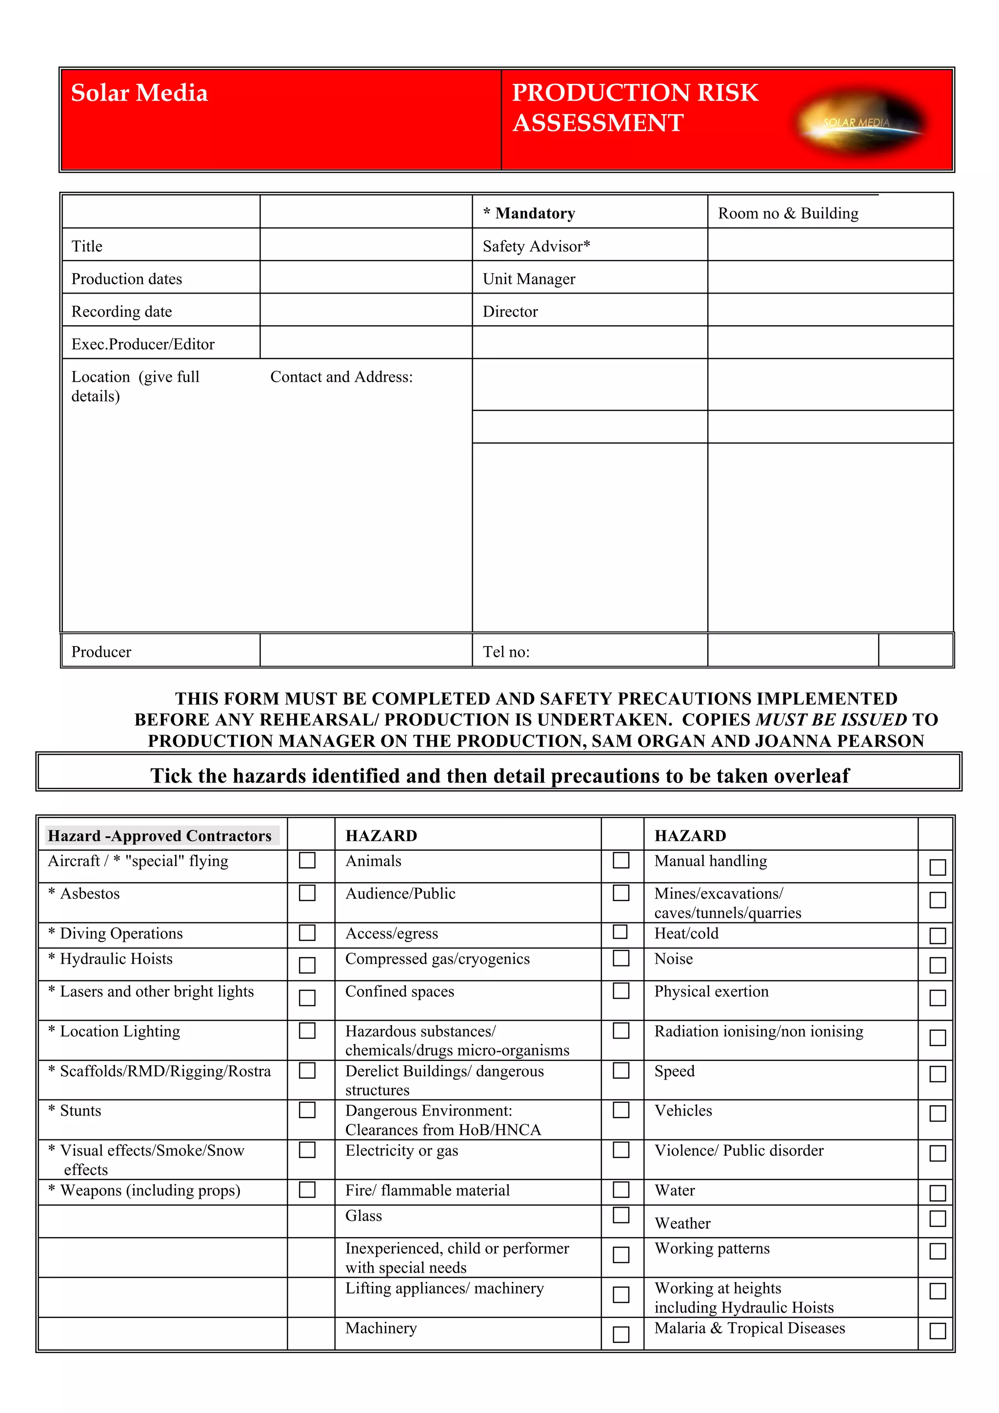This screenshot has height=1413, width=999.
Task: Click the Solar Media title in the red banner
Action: pos(139,93)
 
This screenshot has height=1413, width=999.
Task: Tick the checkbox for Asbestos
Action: pos(307,892)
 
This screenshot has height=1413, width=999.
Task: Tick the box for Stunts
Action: pos(307,1110)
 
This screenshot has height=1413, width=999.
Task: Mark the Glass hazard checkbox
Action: pos(621,1215)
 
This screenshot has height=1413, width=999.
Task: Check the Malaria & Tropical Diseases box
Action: pos(937,1331)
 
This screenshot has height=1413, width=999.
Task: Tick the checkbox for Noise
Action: pos(937,965)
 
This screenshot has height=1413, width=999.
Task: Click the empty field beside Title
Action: pos(366,245)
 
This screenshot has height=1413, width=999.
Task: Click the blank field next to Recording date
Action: pos(366,310)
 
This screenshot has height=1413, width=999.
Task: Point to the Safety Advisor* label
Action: pos(536,246)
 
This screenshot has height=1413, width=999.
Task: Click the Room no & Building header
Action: pos(788,214)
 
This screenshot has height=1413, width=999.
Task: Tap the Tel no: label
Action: pos(506,652)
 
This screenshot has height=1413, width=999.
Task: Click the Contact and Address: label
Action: pos(341,376)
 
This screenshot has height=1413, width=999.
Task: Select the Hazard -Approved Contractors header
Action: pos(160,835)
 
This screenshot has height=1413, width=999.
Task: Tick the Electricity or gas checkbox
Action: pos(621,1150)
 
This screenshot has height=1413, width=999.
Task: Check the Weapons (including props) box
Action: pos(307,1190)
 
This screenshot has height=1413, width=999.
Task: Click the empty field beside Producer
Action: pos(366,650)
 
